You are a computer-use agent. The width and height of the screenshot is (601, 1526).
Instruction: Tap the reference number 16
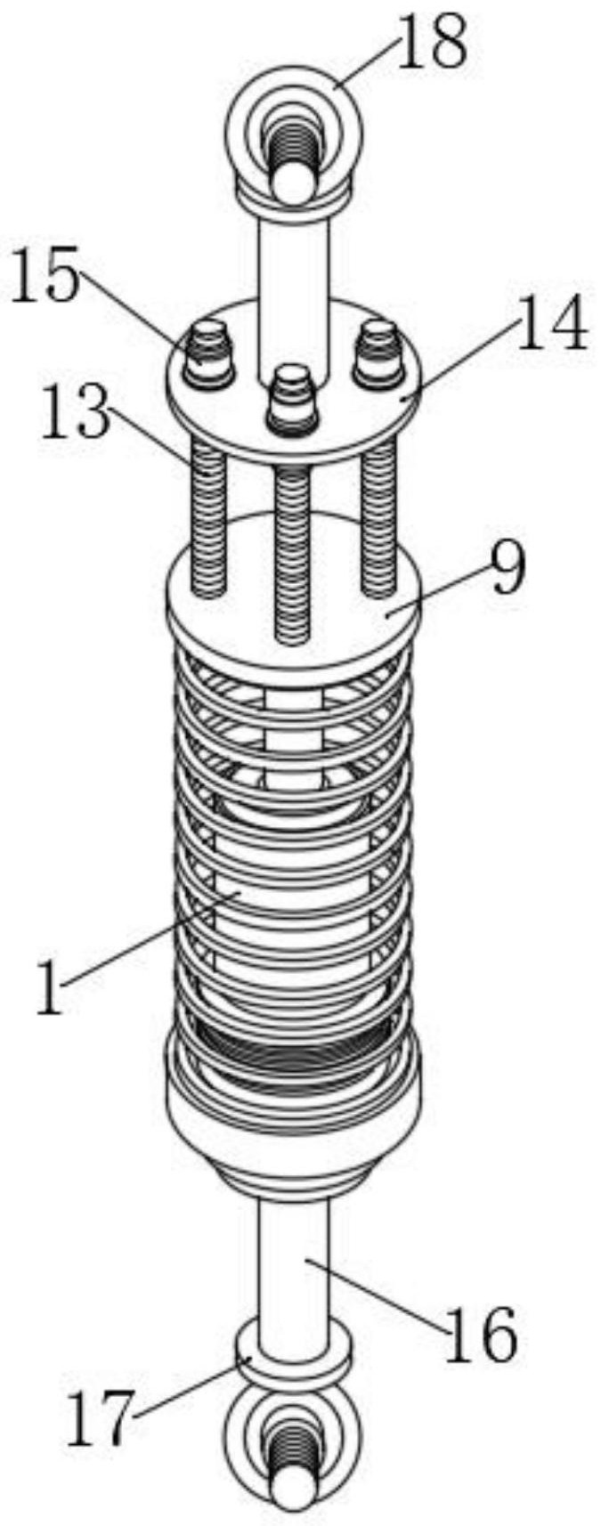click(480, 1335)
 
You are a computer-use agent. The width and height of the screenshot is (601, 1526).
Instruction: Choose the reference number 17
click(101, 1416)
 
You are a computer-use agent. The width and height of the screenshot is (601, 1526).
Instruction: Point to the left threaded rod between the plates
click(208, 516)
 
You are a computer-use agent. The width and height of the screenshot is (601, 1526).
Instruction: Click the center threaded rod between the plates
click(294, 552)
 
